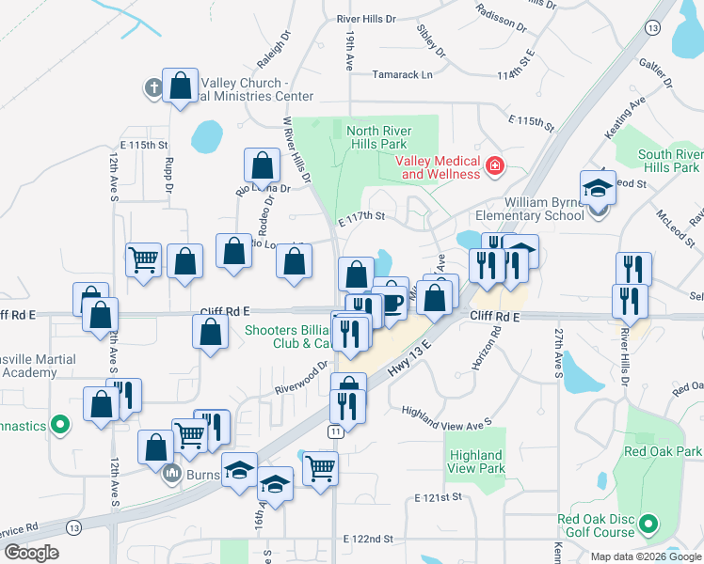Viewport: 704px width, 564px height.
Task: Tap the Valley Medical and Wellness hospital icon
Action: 494,167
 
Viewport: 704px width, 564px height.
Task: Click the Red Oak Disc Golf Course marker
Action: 648,523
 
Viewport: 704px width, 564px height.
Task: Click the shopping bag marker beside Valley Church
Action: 179,86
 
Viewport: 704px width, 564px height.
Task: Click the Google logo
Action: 31,553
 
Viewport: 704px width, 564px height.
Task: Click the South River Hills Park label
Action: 668,161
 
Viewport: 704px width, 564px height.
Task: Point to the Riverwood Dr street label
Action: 300,378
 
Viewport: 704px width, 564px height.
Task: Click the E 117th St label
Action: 362,216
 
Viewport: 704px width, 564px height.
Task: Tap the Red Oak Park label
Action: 663,452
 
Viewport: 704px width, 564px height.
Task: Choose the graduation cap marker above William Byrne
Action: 597,188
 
